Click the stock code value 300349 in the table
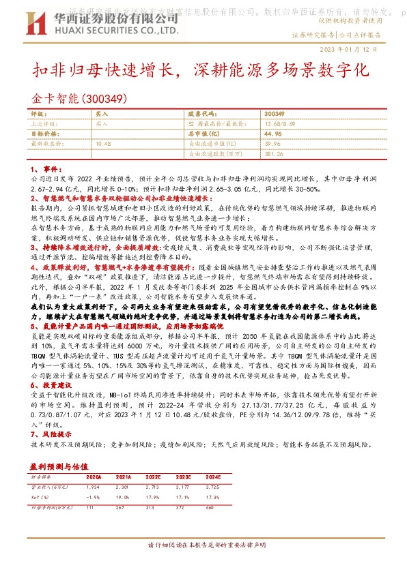coord(273,114)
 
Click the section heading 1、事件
coord(46,168)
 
